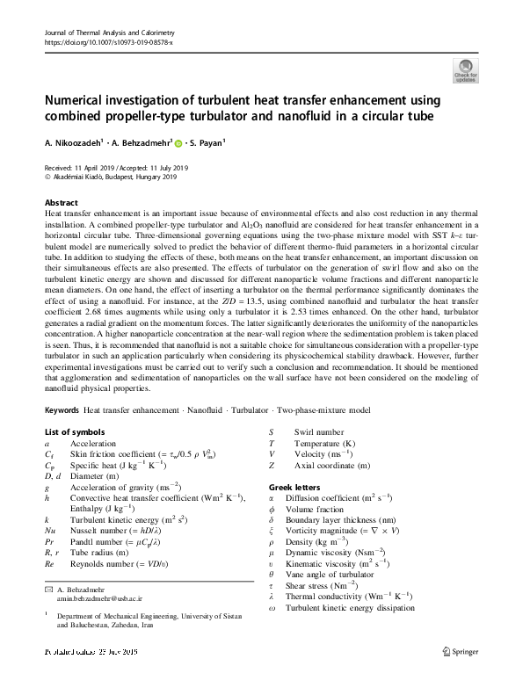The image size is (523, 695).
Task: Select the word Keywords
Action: [x=62, y=410]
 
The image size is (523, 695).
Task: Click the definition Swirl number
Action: [x=319, y=432]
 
